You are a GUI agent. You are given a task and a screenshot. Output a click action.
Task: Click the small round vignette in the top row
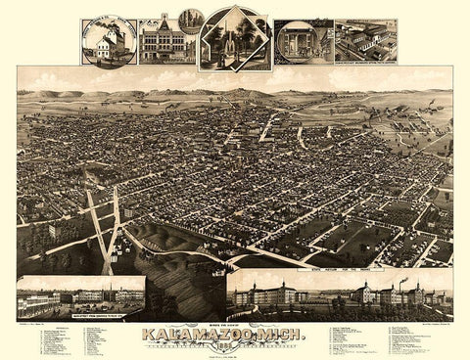tap(192, 19)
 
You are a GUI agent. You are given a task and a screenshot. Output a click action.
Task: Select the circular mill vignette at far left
tap(109, 41)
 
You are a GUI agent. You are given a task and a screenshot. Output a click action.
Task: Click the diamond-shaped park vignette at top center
tap(234, 39)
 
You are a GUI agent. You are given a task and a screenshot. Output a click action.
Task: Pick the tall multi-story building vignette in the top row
tap(162, 41)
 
